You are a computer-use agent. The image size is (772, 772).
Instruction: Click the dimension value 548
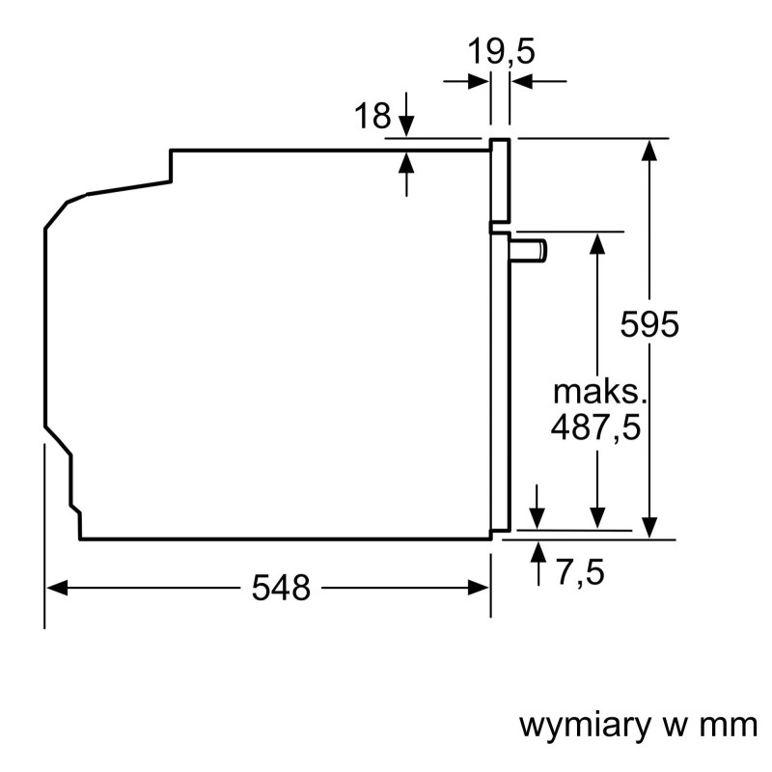tap(282, 587)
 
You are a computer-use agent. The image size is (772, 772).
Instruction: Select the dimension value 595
tap(649, 324)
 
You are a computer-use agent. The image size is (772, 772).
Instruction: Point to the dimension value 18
tap(372, 117)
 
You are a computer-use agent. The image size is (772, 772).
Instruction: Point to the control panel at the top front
tap(499, 180)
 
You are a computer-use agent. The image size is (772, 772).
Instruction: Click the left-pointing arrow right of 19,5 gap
tap(521, 82)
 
